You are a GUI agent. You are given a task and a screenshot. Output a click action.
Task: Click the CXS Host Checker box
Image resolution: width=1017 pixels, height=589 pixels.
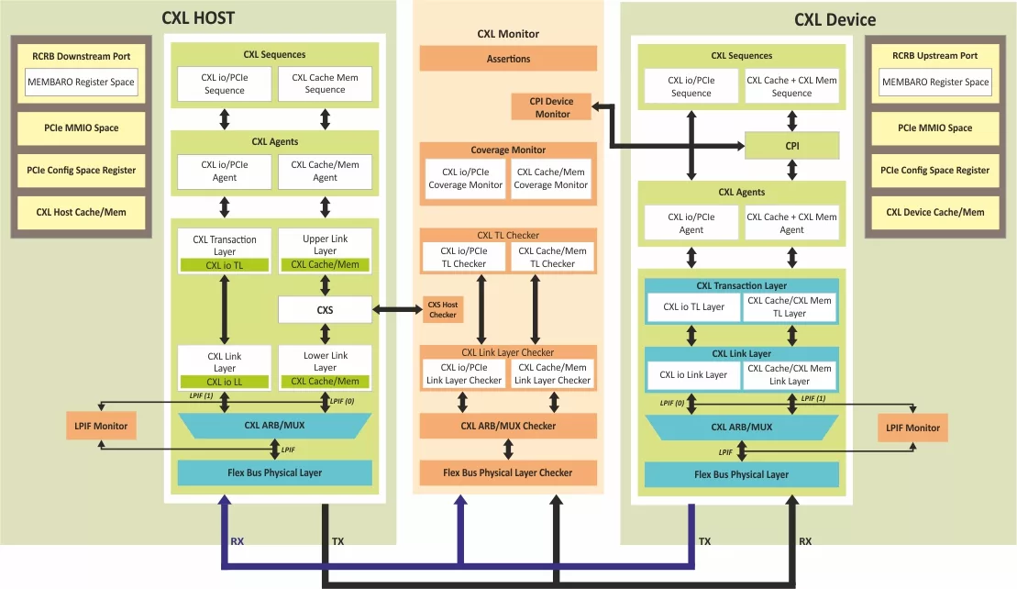[443, 310]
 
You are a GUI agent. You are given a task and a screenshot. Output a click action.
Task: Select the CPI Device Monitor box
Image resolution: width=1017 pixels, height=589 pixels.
[551, 107]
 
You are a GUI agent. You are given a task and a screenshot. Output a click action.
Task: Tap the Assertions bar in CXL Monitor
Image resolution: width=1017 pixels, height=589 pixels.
[508, 59]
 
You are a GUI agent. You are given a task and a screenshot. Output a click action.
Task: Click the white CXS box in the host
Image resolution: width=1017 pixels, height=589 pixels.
[325, 310]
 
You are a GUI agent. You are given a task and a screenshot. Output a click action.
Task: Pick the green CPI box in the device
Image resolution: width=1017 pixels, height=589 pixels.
[791, 145]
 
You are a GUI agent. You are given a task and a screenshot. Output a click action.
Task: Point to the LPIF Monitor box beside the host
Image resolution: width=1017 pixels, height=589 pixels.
[101, 426]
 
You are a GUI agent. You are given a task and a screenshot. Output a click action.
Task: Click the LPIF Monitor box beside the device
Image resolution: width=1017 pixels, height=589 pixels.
[910, 428]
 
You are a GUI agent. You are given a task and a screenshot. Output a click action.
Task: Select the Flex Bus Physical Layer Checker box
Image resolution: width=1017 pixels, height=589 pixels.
[508, 472]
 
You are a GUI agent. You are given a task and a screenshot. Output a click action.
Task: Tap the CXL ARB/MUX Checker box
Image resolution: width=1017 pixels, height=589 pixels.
[508, 426]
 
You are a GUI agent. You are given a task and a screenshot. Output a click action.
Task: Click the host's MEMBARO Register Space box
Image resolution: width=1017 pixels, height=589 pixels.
[81, 83]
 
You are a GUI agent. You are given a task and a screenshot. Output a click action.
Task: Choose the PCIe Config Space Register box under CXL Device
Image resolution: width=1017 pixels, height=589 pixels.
[934, 170]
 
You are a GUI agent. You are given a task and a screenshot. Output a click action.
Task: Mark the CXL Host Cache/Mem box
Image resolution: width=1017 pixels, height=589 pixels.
[81, 212]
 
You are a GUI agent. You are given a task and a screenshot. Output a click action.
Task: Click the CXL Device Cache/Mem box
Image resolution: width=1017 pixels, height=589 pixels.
[934, 212]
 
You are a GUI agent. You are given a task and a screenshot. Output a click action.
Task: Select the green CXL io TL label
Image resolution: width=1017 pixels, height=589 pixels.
[225, 266]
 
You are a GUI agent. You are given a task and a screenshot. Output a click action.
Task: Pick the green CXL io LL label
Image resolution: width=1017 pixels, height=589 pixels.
[225, 382]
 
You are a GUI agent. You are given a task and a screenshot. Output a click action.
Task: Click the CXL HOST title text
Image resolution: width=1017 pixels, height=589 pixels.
[198, 17]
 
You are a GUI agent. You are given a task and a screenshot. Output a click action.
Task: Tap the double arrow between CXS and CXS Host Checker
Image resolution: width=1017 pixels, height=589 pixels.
[397, 310]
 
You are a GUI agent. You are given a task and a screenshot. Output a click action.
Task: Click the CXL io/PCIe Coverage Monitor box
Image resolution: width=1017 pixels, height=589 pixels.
[466, 178]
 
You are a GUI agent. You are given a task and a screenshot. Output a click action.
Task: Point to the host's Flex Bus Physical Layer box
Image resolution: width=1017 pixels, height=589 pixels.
[274, 472]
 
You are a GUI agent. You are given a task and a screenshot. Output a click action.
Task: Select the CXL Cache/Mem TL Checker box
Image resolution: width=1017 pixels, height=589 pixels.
[552, 257]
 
